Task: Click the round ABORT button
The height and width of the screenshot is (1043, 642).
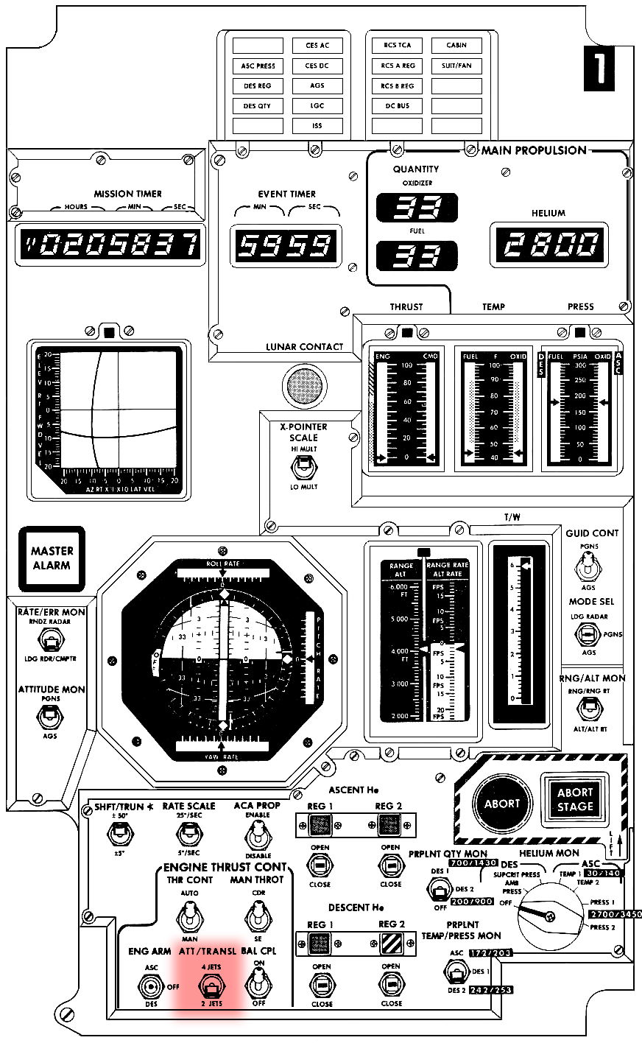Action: pyautogui.click(x=501, y=804)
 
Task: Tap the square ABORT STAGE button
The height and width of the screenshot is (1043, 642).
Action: pyautogui.click(x=575, y=800)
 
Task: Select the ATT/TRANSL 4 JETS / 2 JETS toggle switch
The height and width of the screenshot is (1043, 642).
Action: pyautogui.click(x=211, y=986)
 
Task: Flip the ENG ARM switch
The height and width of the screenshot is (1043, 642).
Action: pyautogui.click(x=152, y=986)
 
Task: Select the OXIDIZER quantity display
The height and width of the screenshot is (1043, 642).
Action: pyautogui.click(x=417, y=208)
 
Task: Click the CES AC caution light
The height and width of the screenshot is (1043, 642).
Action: pyautogui.click(x=317, y=46)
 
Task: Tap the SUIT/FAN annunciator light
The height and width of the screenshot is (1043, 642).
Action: pyautogui.click(x=456, y=66)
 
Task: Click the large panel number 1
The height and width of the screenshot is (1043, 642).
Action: pyautogui.click(x=599, y=69)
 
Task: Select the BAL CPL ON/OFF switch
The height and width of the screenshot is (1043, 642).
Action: pyautogui.click(x=256, y=984)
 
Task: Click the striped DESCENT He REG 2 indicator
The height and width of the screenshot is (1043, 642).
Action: pyautogui.click(x=391, y=944)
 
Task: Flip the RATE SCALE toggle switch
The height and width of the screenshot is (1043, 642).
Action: pyautogui.click(x=189, y=834)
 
